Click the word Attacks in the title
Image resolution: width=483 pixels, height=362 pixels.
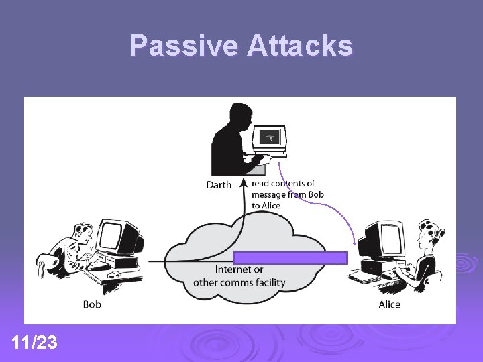point(299,46)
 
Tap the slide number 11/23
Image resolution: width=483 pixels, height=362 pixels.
point(34,343)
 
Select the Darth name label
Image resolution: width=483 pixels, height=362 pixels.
point(219,185)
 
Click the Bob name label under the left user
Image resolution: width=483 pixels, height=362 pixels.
point(92,304)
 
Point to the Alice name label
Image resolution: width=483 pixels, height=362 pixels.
point(389,304)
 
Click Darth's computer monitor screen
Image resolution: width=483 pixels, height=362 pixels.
point(270,137)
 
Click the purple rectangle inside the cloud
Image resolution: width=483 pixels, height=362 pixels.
point(290,258)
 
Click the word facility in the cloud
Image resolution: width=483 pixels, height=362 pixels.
point(268,282)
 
